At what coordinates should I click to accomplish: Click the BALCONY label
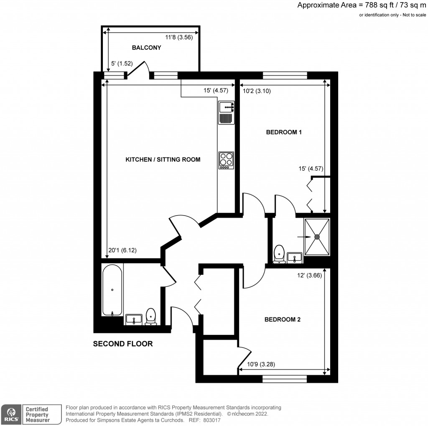[x=146, y=48]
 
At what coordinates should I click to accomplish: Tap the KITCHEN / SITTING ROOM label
[x=163, y=160]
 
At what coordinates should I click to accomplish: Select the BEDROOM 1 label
[x=284, y=132]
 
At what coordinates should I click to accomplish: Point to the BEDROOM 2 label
[x=283, y=320]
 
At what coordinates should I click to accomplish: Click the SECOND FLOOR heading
[x=122, y=344]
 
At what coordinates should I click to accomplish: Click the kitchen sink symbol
[x=226, y=107]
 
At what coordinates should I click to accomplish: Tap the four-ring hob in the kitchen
[x=226, y=160]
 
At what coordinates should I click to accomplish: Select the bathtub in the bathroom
[x=112, y=289]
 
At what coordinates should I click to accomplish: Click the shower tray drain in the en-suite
[x=317, y=237]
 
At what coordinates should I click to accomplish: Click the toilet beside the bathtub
[x=150, y=317]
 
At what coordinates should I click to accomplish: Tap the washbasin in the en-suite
[x=295, y=257]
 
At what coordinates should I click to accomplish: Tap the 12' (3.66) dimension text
[x=309, y=275]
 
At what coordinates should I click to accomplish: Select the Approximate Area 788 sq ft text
[x=360, y=5]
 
